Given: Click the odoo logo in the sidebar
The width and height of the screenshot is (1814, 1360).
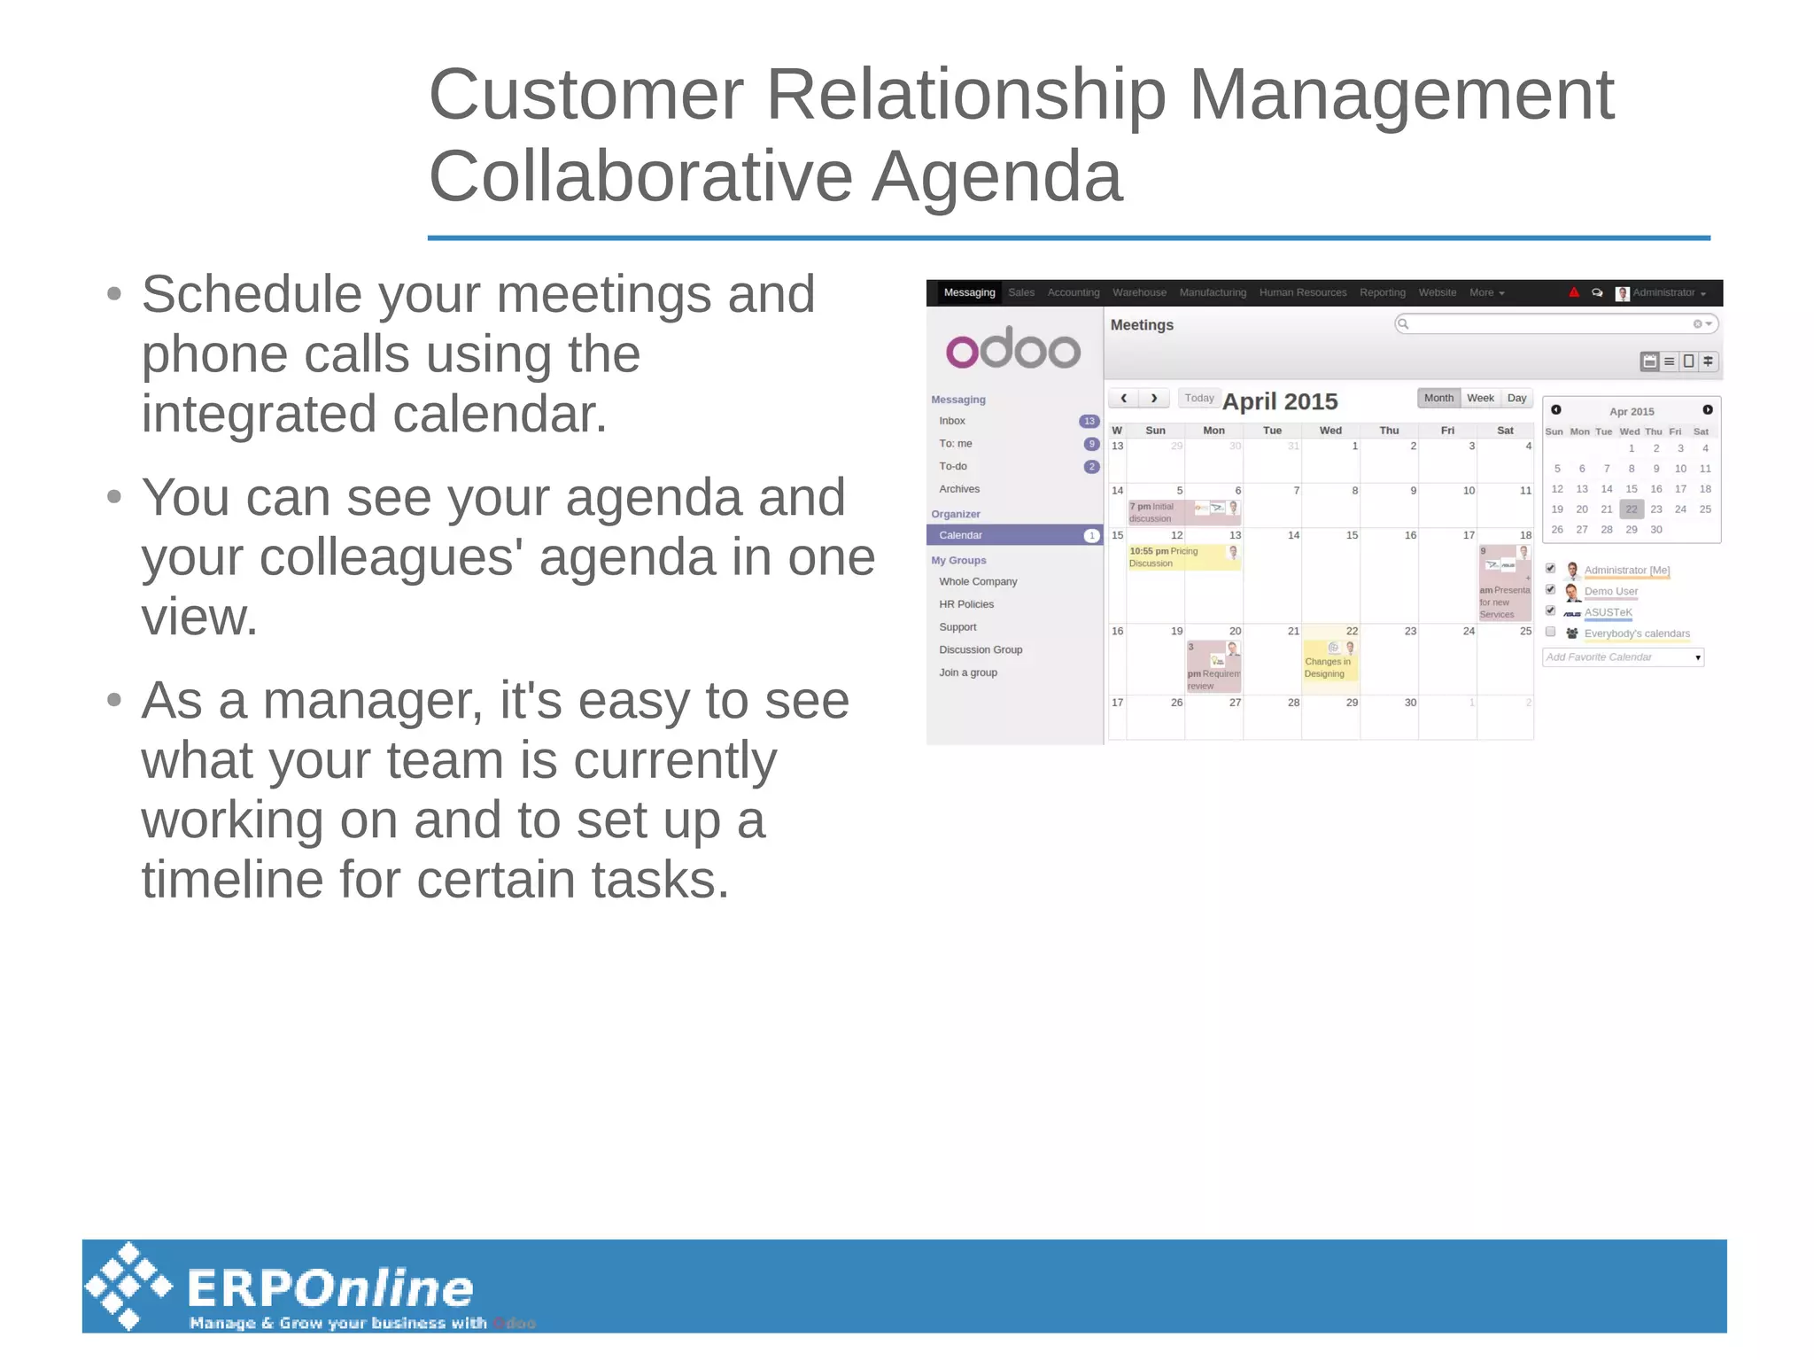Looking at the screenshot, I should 1012,349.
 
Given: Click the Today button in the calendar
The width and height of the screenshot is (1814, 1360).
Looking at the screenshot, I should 1198,399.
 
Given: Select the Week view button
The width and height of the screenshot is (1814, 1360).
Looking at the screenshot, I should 1479,399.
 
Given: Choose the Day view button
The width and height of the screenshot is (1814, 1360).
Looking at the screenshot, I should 1516,399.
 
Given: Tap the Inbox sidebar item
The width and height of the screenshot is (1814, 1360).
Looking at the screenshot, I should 952,421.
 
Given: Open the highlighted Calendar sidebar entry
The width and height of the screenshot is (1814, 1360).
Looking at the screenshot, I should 961,535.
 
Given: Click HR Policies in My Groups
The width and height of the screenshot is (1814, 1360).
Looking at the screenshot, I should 966,604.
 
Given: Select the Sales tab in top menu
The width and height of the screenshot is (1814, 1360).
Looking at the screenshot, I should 1020,292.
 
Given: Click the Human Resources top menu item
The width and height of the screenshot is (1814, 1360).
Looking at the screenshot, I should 1302,292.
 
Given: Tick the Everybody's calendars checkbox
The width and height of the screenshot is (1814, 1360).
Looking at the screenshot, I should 1550,632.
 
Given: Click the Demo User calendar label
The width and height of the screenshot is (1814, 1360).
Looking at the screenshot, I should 1610,591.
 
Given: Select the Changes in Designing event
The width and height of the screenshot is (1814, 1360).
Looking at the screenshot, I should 1328,666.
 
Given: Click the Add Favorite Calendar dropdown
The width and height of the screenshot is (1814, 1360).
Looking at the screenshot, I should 1623,657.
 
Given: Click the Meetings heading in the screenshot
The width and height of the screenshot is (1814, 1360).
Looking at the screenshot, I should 1142,325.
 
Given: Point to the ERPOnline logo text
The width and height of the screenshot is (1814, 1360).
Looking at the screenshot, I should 329,1288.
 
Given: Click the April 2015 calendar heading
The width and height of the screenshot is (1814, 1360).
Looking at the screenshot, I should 1280,401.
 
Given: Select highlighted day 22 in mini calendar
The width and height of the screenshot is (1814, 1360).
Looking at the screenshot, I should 1632,509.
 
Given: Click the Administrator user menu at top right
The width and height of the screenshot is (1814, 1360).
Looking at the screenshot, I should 1662,293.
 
